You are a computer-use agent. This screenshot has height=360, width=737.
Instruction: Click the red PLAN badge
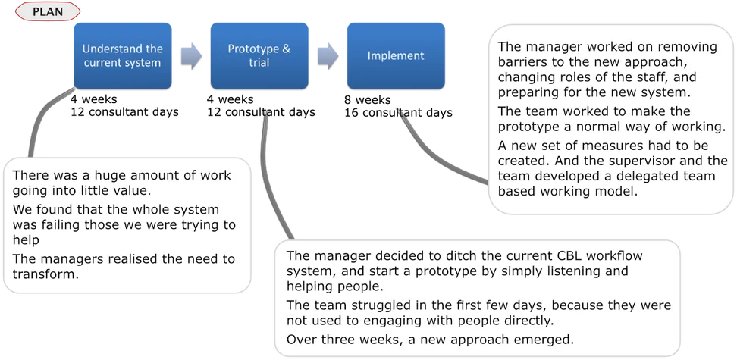[x=48, y=11]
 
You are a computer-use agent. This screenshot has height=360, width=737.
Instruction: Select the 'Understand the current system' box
[x=123, y=56]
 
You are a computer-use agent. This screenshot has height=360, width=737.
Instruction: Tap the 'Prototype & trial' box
[x=259, y=56]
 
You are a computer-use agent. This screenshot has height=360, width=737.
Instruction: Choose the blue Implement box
[x=396, y=56]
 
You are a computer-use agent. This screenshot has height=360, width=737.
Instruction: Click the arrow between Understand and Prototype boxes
[x=191, y=56]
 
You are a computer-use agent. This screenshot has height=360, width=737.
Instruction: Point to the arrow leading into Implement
[x=328, y=56]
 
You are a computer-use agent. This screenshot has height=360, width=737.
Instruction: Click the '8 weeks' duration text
[x=368, y=100]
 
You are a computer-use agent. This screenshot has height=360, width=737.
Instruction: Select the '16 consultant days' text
[x=399, y=113]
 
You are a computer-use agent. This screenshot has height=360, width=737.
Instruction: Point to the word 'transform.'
[x=45, y=274]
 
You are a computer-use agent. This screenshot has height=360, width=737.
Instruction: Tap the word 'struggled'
[x=382, y=305]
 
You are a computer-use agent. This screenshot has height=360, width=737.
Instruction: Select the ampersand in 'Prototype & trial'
[x=287, y=49]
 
